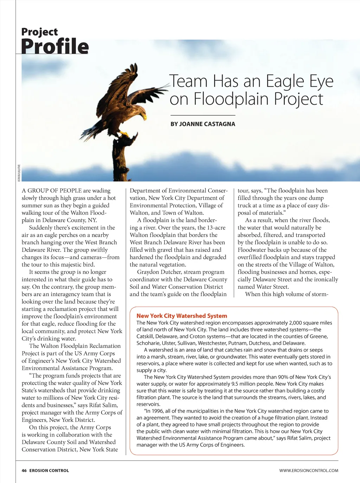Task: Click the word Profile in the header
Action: click(x=55, y=47)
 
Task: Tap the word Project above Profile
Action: click(x=39, y=32)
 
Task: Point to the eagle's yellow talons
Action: click(x=124, y=134)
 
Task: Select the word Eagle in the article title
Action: click(x=285, y=81)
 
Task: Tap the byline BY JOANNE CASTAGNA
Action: click(x=203, y=124)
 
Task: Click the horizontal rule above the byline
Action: click(x=203, y=115)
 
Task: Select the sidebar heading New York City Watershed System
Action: click(x=182, y=316)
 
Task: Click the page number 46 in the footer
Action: click(x=24, y=470)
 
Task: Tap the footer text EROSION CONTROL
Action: click(x=49, y=470)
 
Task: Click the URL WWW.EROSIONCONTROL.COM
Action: click(x=309, y=470)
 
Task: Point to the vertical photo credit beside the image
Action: click(x=19, y=173)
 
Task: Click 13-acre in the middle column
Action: click(x=216, y=228)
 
